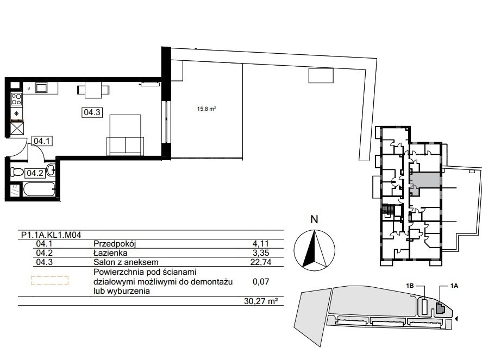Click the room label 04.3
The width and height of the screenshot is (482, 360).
pos(92,112)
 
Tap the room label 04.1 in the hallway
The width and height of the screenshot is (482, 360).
pos(41,141)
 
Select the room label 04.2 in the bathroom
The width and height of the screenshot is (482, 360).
pos(35,173)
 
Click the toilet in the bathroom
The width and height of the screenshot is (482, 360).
pos(17,172)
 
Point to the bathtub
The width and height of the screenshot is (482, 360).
pos(39,189)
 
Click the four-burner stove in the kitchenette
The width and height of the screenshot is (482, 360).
pos(16,99)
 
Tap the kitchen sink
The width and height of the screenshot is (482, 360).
pos(41,88)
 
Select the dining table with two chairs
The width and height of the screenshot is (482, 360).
pos(93,90)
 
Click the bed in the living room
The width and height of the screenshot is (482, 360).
pos(125,135)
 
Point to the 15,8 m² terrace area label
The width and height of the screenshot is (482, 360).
pos(206,109)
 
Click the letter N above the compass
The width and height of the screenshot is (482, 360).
pos(314,220)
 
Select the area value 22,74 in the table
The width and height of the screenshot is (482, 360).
pos(260,262)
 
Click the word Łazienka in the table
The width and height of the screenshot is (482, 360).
pos(110,253)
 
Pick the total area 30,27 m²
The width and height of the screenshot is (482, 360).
pos(259,301)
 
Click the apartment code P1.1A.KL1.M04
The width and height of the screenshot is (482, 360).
pos(51,235)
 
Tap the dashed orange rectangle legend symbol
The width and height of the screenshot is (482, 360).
pos(49,280)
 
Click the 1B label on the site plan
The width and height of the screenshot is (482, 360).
pos(410,286)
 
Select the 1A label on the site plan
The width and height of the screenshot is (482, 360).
pos(454,286)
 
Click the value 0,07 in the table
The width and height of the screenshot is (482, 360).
pos(261,281)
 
